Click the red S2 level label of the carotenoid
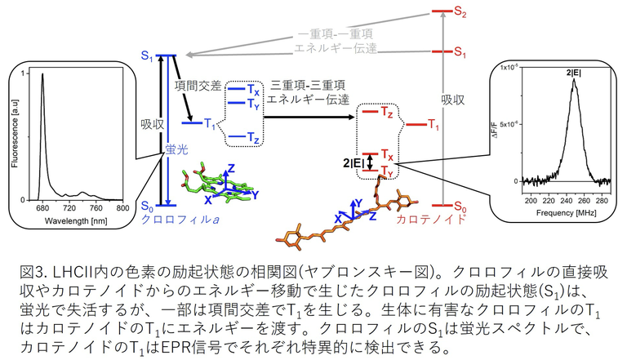click(x=461, y=14)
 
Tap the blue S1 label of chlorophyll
click(x=146, y=57)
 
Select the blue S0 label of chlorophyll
click(x=146, y=205)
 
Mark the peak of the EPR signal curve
click(x=575, y=80)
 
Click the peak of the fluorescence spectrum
click(x=39, y=75)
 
